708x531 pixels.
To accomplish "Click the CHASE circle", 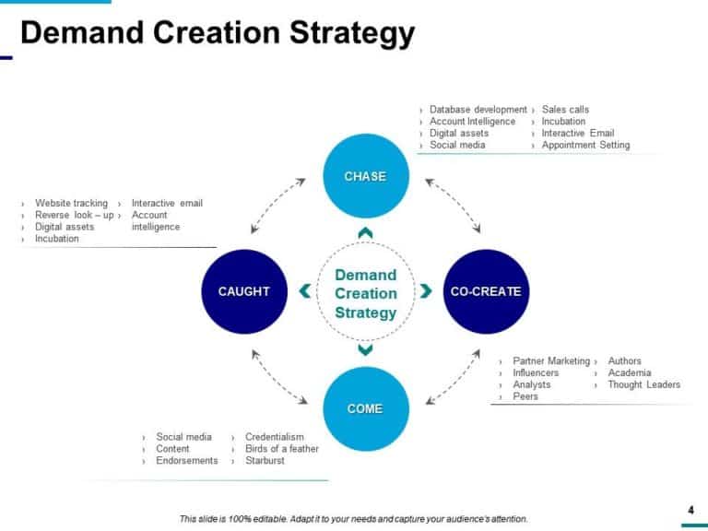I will pos(365,176).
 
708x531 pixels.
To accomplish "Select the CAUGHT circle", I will pos(244,291).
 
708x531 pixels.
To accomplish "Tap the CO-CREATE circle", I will pos(486,291).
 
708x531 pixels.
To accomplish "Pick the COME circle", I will pos(365,408).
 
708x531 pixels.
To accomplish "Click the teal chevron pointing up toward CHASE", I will pos(365,233).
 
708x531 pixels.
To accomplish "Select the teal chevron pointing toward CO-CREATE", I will pos(426,291).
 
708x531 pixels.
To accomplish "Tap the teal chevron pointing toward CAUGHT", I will pos(305,291).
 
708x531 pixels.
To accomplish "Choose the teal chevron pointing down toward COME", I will pos(365,349).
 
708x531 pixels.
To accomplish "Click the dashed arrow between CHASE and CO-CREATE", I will pos(453,206).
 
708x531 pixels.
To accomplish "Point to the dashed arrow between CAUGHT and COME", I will pos(278,377).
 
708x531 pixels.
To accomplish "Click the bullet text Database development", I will pos(478,110).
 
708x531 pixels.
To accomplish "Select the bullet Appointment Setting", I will pos(585,145).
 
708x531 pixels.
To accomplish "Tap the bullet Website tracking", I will pos(71,203).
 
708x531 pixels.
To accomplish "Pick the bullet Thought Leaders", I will pos(643,384).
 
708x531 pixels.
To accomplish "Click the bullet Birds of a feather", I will pos(281,449).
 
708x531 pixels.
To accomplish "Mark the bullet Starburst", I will pos(265,460).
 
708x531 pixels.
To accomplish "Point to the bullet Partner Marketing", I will pos(550,361).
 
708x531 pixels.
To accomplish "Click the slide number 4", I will pos(690,510).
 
